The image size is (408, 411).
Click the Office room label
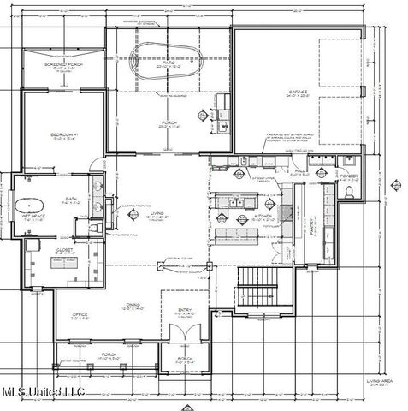pyautogui.click(x=80, y=314)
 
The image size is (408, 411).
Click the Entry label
pyautogui.click(x=185, y=313)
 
